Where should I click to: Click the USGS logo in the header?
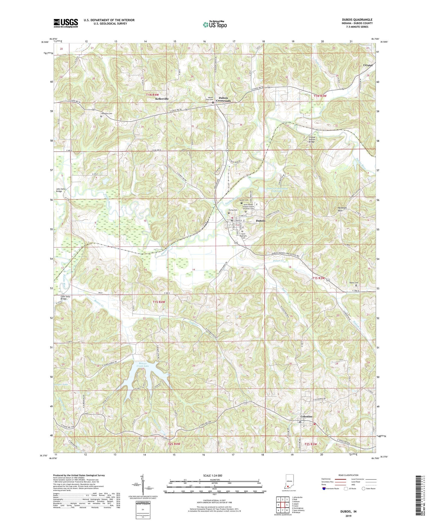tap(66, 23)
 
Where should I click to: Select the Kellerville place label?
tap(162, 99)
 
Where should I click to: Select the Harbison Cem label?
tap(106, 114)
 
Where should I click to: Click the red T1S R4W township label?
tap(159, 302)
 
